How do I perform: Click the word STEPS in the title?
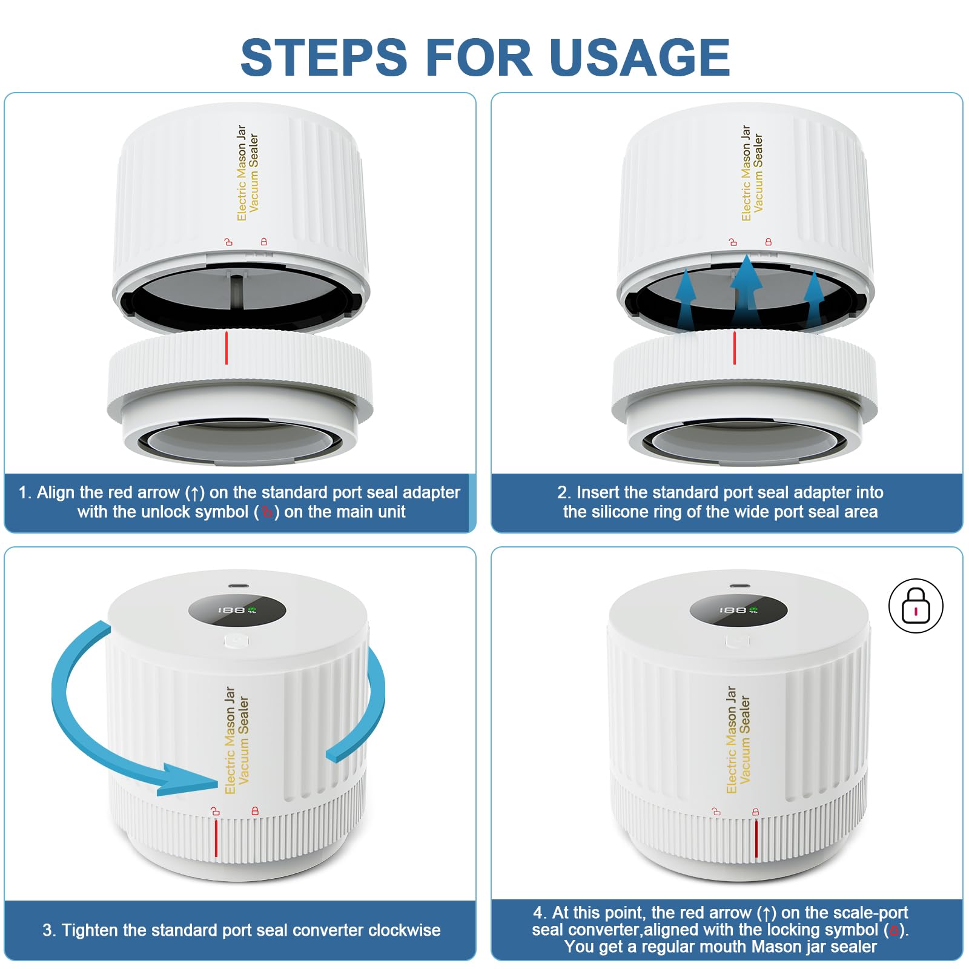pos(324,58)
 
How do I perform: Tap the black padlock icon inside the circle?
pos(916,606)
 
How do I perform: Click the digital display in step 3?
pos(237,609)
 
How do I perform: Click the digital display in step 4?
pos(738,609)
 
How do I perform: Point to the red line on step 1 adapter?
pos(227,348)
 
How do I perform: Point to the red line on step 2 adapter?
pos(735,348)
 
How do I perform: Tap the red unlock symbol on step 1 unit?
pos(228,242)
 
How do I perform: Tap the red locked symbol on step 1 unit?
pos(264,242)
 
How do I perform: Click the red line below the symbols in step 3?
pos(216,838)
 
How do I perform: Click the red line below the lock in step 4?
pos(756,838)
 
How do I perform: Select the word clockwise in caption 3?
pos(405,930)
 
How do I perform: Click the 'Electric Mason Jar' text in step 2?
pos(746,173)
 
